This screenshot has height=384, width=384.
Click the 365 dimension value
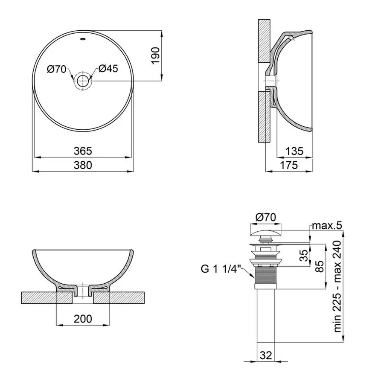coord(83,151)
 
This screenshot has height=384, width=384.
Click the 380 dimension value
coord(83,165)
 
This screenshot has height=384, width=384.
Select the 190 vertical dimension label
coord(155,55)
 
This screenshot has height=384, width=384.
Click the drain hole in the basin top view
coord(82,81)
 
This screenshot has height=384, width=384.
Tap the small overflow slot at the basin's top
coord(83,41)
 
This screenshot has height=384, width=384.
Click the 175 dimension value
coord(289,165)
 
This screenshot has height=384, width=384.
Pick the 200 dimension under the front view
coord(83,319)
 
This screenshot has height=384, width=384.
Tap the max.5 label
coord(327,225)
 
